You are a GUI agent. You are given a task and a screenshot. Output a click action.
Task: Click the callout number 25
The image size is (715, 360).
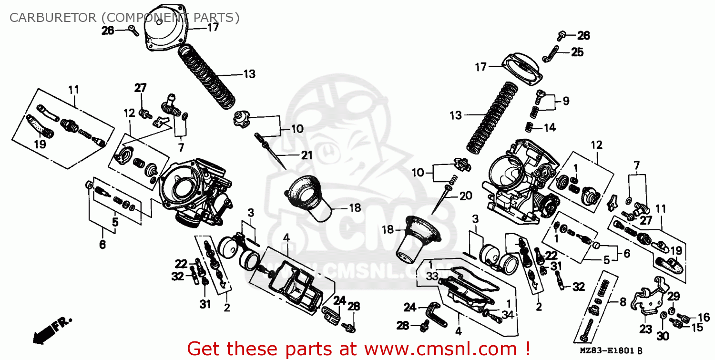click(x=577, y=52)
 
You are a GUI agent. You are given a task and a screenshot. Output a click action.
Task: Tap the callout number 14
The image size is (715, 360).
click(x=550, y=127)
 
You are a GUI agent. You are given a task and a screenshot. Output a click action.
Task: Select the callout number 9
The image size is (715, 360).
click(x=566, y=101)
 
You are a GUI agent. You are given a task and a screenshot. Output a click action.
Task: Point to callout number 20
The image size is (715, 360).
click(x=466, y=195)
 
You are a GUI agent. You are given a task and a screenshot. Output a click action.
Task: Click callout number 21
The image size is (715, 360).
click(x=307, y=155)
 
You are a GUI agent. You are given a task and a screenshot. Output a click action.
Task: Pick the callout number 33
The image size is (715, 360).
click(x=432, y=276)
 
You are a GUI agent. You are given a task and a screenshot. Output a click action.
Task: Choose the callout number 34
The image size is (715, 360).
click(x=508, y=315)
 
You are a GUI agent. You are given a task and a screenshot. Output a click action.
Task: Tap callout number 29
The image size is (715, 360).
click(x=674, y=296)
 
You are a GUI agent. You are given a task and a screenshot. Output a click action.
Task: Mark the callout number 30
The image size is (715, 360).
click(x=663, y=336)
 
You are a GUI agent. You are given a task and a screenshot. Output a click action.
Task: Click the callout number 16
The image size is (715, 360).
click(x=704, y=317)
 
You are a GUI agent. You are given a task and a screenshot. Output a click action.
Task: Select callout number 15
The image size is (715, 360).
click(x=697, y=328)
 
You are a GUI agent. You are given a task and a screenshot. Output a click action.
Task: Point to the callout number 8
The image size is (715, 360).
click(x=623, y=302)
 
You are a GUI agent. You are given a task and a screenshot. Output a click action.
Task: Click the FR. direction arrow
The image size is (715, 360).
click(x=51, y=330)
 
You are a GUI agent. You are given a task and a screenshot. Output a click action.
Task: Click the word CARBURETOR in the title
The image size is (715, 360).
click(x=53, y=18)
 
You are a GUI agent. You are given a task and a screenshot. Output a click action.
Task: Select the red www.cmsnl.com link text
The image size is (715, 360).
click(x=441, y=349)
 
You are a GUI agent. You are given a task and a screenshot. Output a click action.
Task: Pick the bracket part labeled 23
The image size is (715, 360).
click(x=651, y=296)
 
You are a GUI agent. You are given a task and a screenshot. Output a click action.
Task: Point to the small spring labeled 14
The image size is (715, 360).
click(x=530, y=127)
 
